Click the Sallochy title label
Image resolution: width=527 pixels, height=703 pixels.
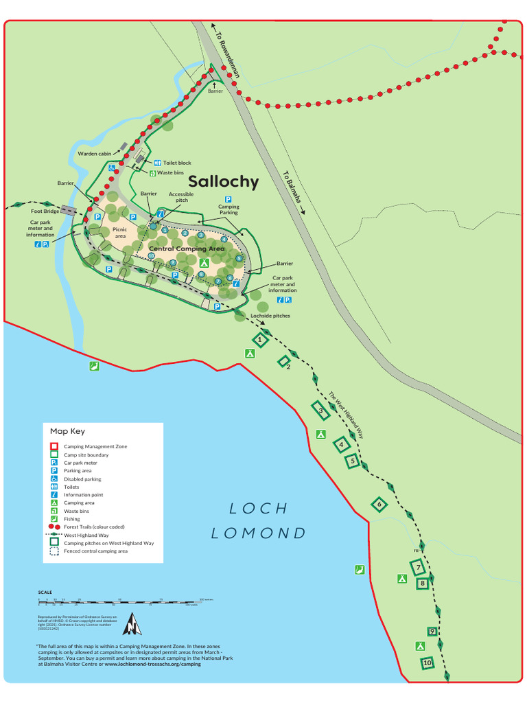pyautogui.click(x=223, y=182)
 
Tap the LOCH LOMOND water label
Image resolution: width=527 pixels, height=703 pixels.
pyautogui.click(x=258, y=520)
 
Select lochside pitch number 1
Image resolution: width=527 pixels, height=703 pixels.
pyautogui.click(x=260, y=339)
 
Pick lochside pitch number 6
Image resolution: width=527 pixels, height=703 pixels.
pyautogui.click(x=378, y=505)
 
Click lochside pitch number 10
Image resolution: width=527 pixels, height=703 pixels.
pyautogui.click(x=428, y=663)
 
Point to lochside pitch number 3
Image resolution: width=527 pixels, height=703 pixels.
pyautogui.click(x=320, y=411)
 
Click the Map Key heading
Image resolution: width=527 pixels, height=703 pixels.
pyautogui.click(x=67, y=431)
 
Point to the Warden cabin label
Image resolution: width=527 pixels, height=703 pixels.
pyautogui.click(x=95, y=154)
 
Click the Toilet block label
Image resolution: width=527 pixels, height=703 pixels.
pyautogui.click(x=176, y=163)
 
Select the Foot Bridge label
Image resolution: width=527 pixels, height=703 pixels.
pyautogui.click(x=43, y=211)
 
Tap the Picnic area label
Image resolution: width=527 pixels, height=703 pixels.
pyautogui.click(x=120, y=233)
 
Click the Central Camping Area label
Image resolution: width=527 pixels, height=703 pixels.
pyautogui.click(x=187, y=249)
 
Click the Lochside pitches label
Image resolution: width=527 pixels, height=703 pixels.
pyautogui.click(x=270, y=316)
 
